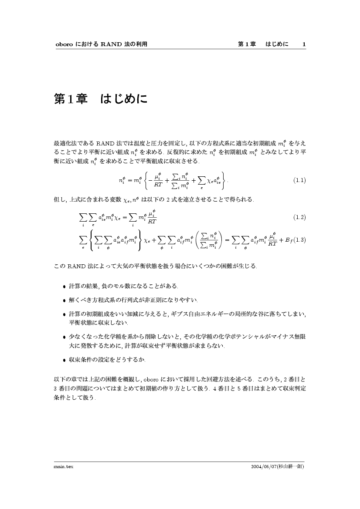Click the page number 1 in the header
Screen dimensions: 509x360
click(x=304, y=44)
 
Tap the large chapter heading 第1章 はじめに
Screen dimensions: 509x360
click(x=100, y=99)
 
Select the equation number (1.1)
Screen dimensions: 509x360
click(x=299, y=180)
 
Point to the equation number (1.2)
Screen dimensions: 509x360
click(x=299, y=217)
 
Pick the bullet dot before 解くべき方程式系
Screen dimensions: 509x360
click(x=65, y=300)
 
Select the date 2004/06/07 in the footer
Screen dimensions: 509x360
click(x=266, y=466)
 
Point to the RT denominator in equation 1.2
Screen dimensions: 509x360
click(x=152, y=222)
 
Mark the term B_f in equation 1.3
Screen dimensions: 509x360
click(x=288, y=240)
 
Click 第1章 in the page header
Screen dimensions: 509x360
click(x=247, y=44)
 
